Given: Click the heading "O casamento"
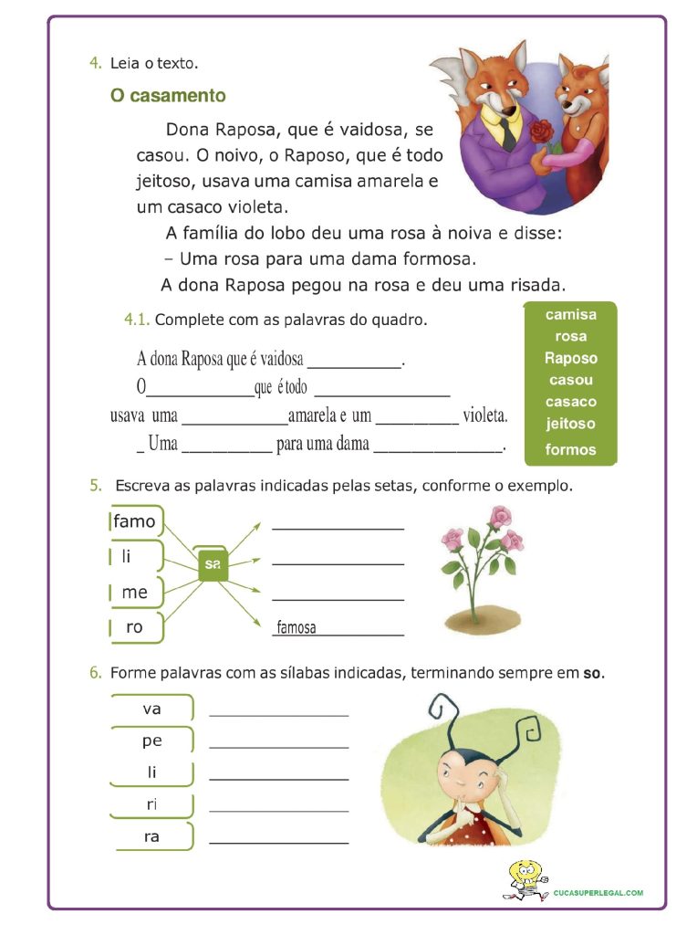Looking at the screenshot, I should (168, 96).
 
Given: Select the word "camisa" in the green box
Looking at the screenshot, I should (571, 315).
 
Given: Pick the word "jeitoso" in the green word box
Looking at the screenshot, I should (571, 424).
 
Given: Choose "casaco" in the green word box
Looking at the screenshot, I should (571, 402).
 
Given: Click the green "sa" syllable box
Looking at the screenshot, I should (213, 564).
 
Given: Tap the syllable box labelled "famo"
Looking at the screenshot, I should (135, 522).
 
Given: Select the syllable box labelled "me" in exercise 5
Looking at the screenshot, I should (135, 593).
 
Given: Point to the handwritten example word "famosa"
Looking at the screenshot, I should (296, 627).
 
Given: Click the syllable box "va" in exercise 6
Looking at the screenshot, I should (151, 709).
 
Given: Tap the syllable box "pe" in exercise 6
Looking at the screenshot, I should (151, 741).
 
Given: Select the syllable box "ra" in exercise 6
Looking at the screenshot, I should (151, 836).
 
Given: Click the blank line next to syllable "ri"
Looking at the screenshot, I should (279, 810).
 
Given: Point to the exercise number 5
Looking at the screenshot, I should (95, 486).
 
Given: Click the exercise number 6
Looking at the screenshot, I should (95, 673).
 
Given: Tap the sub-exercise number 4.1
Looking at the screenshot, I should (137, 320).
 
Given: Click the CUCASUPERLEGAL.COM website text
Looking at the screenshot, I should (598, 892).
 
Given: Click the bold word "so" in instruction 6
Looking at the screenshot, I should (592, 674).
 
